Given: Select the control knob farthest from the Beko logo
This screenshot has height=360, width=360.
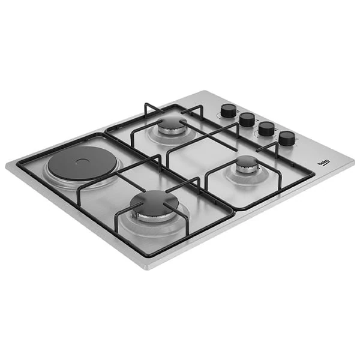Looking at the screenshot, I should pyautogui.click(x=228, y=110).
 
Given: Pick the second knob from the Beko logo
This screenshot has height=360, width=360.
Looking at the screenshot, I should pyautogui.click(x=266, y=129).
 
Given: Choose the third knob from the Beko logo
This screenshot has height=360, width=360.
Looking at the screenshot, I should pyautogui.click(x=247, y=119).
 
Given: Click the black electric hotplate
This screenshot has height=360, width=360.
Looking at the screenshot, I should pyautogui.click(x=77, y=163).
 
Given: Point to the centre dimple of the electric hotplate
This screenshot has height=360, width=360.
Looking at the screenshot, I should pyautogui.click(x=77, y=163).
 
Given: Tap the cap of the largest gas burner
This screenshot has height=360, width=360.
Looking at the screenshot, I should pyautogui.click(x=155, y=200).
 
